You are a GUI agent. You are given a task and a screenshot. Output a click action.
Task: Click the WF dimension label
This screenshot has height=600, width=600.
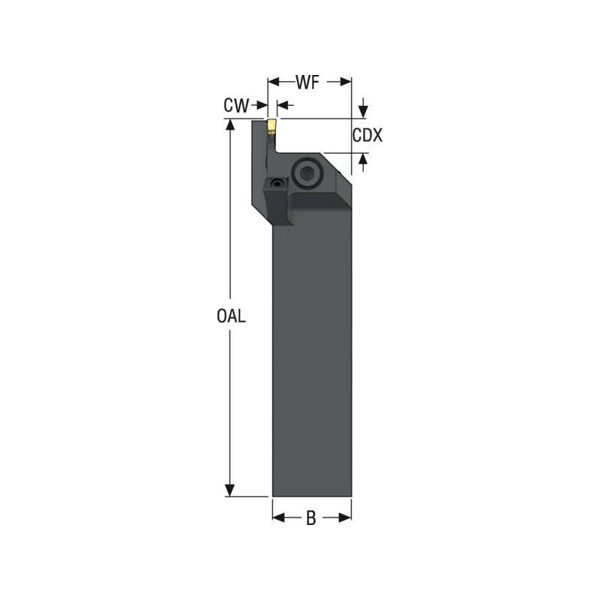pyautogui.click(x=310, y=83)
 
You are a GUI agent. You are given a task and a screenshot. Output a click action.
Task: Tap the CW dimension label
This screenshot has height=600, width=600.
pyautogui.click(x=235, y=106)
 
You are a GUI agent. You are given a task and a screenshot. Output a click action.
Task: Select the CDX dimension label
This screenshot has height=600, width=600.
pyautogui.click(x=367, y=136)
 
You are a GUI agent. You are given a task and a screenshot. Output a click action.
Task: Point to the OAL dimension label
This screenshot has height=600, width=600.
pyautogui.click(x=231, y=316)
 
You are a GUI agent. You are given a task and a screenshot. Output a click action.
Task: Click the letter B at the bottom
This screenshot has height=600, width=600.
pyautogui.click(x=310, y=517)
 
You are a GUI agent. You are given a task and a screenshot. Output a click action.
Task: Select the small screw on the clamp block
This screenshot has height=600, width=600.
pyautogui.click(x=278, y=184)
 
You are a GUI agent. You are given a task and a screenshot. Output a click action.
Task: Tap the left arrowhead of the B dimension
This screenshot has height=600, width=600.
pyautogui.click(x=277, y=517)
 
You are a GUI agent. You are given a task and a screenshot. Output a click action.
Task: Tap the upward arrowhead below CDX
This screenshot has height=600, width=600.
pyautogui.click(x=364, y=158)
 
